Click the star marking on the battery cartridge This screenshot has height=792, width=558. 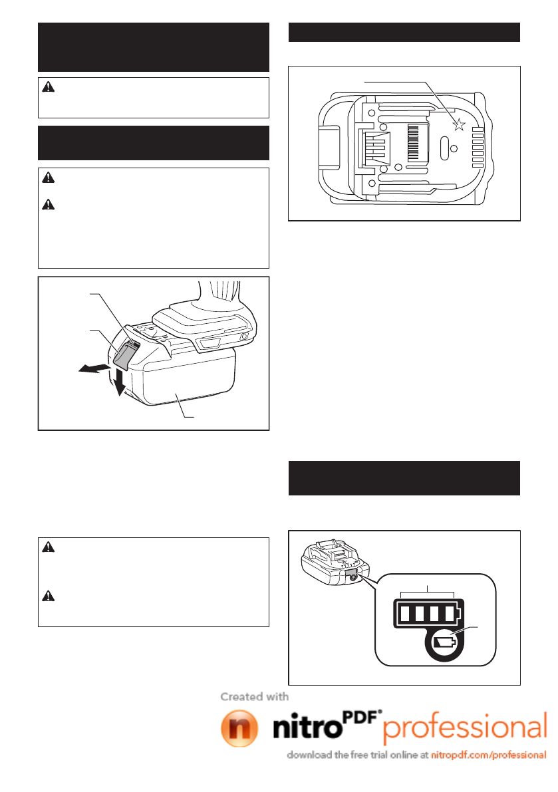pyautogui.click(x=458, y=124)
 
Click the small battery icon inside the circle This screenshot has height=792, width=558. pyautogui.click(x=444, y=643)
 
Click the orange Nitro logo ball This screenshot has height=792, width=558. pyautogui.click(x=239, y=729)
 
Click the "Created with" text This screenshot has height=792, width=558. pyautogui.click(x=255, y=696)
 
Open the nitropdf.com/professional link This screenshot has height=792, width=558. pyautogui.click(x=489, y=755)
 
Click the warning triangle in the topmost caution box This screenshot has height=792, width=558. pyautogui.click(x=46, y=88)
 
